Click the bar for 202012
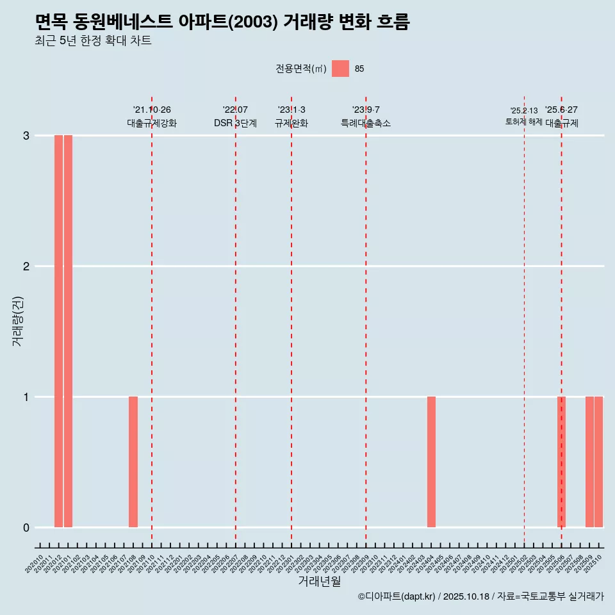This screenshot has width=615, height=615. pos(58,331)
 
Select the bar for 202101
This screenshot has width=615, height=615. pos(68,331)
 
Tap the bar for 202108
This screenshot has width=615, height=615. pos(133,462)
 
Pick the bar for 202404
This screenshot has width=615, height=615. pos(431,462)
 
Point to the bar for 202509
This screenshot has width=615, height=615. pos(589,462)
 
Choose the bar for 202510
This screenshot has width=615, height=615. pos(598,462)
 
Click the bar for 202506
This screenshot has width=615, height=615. pos(561,462)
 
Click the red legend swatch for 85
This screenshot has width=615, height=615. pos(340,69)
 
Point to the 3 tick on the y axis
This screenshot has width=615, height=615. pos(26,136)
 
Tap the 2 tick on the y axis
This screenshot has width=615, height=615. pos(26,266)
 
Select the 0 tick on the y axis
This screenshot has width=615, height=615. pos(26,528)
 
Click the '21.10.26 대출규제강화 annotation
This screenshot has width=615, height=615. pos(152,117)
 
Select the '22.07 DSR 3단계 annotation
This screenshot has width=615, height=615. pos(235,117)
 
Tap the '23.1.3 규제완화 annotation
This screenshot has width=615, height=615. pos(291,117)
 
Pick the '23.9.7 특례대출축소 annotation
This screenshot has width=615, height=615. pos(366,117)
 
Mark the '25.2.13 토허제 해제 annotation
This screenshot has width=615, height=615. pos(523,117)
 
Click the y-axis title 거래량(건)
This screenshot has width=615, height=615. pos(18,321)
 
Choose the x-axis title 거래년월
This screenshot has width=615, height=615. pos(319,582)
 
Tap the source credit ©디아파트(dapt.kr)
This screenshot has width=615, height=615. pos(397,596)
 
